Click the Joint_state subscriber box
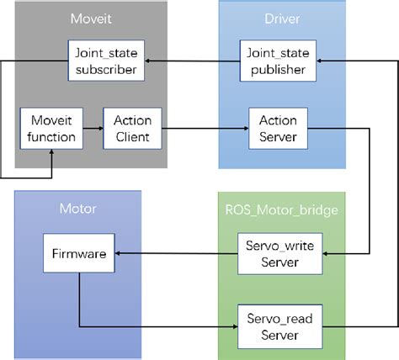[x=107, y=61]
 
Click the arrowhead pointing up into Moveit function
[x=52, y=151]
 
